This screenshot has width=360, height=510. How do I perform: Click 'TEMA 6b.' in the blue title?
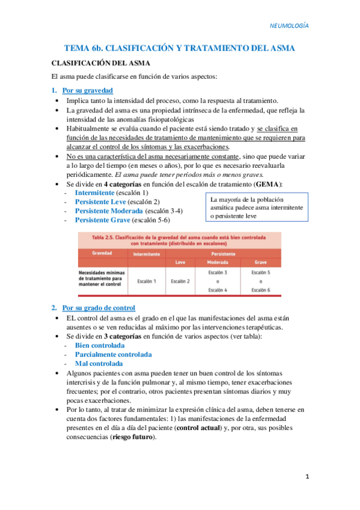click(x=85, y=48)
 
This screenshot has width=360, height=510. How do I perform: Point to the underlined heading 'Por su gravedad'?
click(x=87, y=90)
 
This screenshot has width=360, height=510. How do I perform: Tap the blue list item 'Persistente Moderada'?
click(x=108, y=211)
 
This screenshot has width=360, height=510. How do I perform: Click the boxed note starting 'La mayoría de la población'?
click(x=255, y=207)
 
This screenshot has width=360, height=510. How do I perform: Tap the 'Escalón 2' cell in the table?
click(x=180, y=281)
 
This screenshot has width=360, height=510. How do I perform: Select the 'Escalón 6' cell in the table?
click(x=260, y=290)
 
